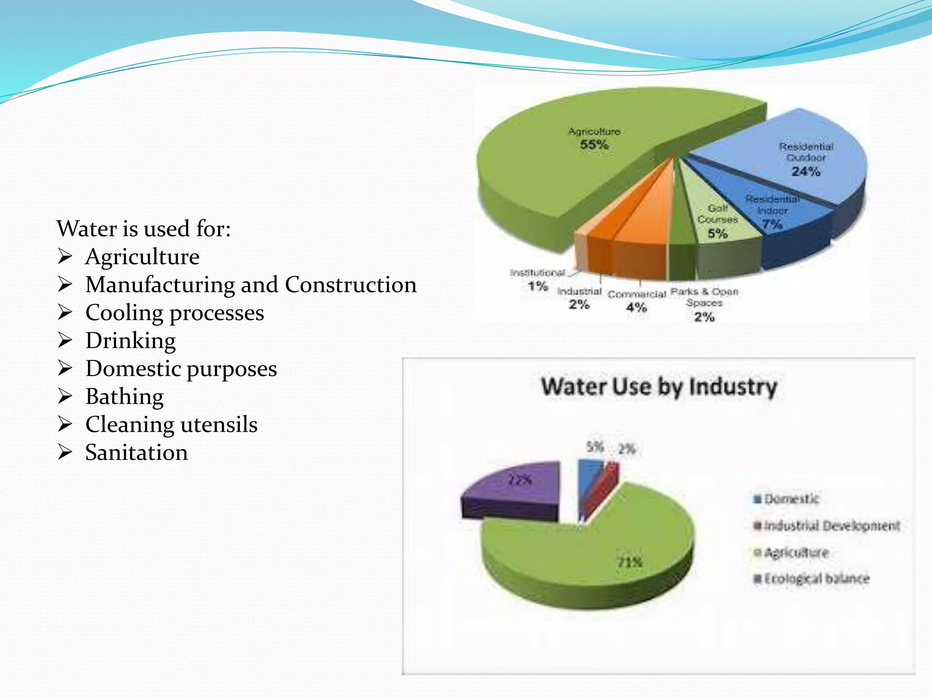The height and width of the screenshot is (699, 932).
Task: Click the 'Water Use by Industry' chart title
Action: (658, 387)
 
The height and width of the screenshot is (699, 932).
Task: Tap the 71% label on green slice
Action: (629, 562)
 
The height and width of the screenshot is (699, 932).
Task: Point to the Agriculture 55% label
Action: (594, 138)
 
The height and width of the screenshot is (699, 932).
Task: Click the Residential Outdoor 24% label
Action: (806, 159)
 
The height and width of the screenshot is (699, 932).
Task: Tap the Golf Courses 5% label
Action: (718, 221)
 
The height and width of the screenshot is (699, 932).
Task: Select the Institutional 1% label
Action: (537, 279)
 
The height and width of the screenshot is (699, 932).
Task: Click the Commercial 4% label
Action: (637, 301)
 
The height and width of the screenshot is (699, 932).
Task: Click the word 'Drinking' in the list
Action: (131, 340)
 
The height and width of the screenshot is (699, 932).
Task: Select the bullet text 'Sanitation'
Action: (137, 452)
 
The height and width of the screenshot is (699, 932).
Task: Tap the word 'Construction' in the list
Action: (350, 285)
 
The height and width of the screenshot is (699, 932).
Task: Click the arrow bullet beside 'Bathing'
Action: (65, 396)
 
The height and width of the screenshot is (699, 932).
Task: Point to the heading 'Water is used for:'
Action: (144, 228)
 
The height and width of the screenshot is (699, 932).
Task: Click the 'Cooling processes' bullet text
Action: (175, 313)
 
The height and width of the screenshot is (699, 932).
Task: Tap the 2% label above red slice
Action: (626, 450)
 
